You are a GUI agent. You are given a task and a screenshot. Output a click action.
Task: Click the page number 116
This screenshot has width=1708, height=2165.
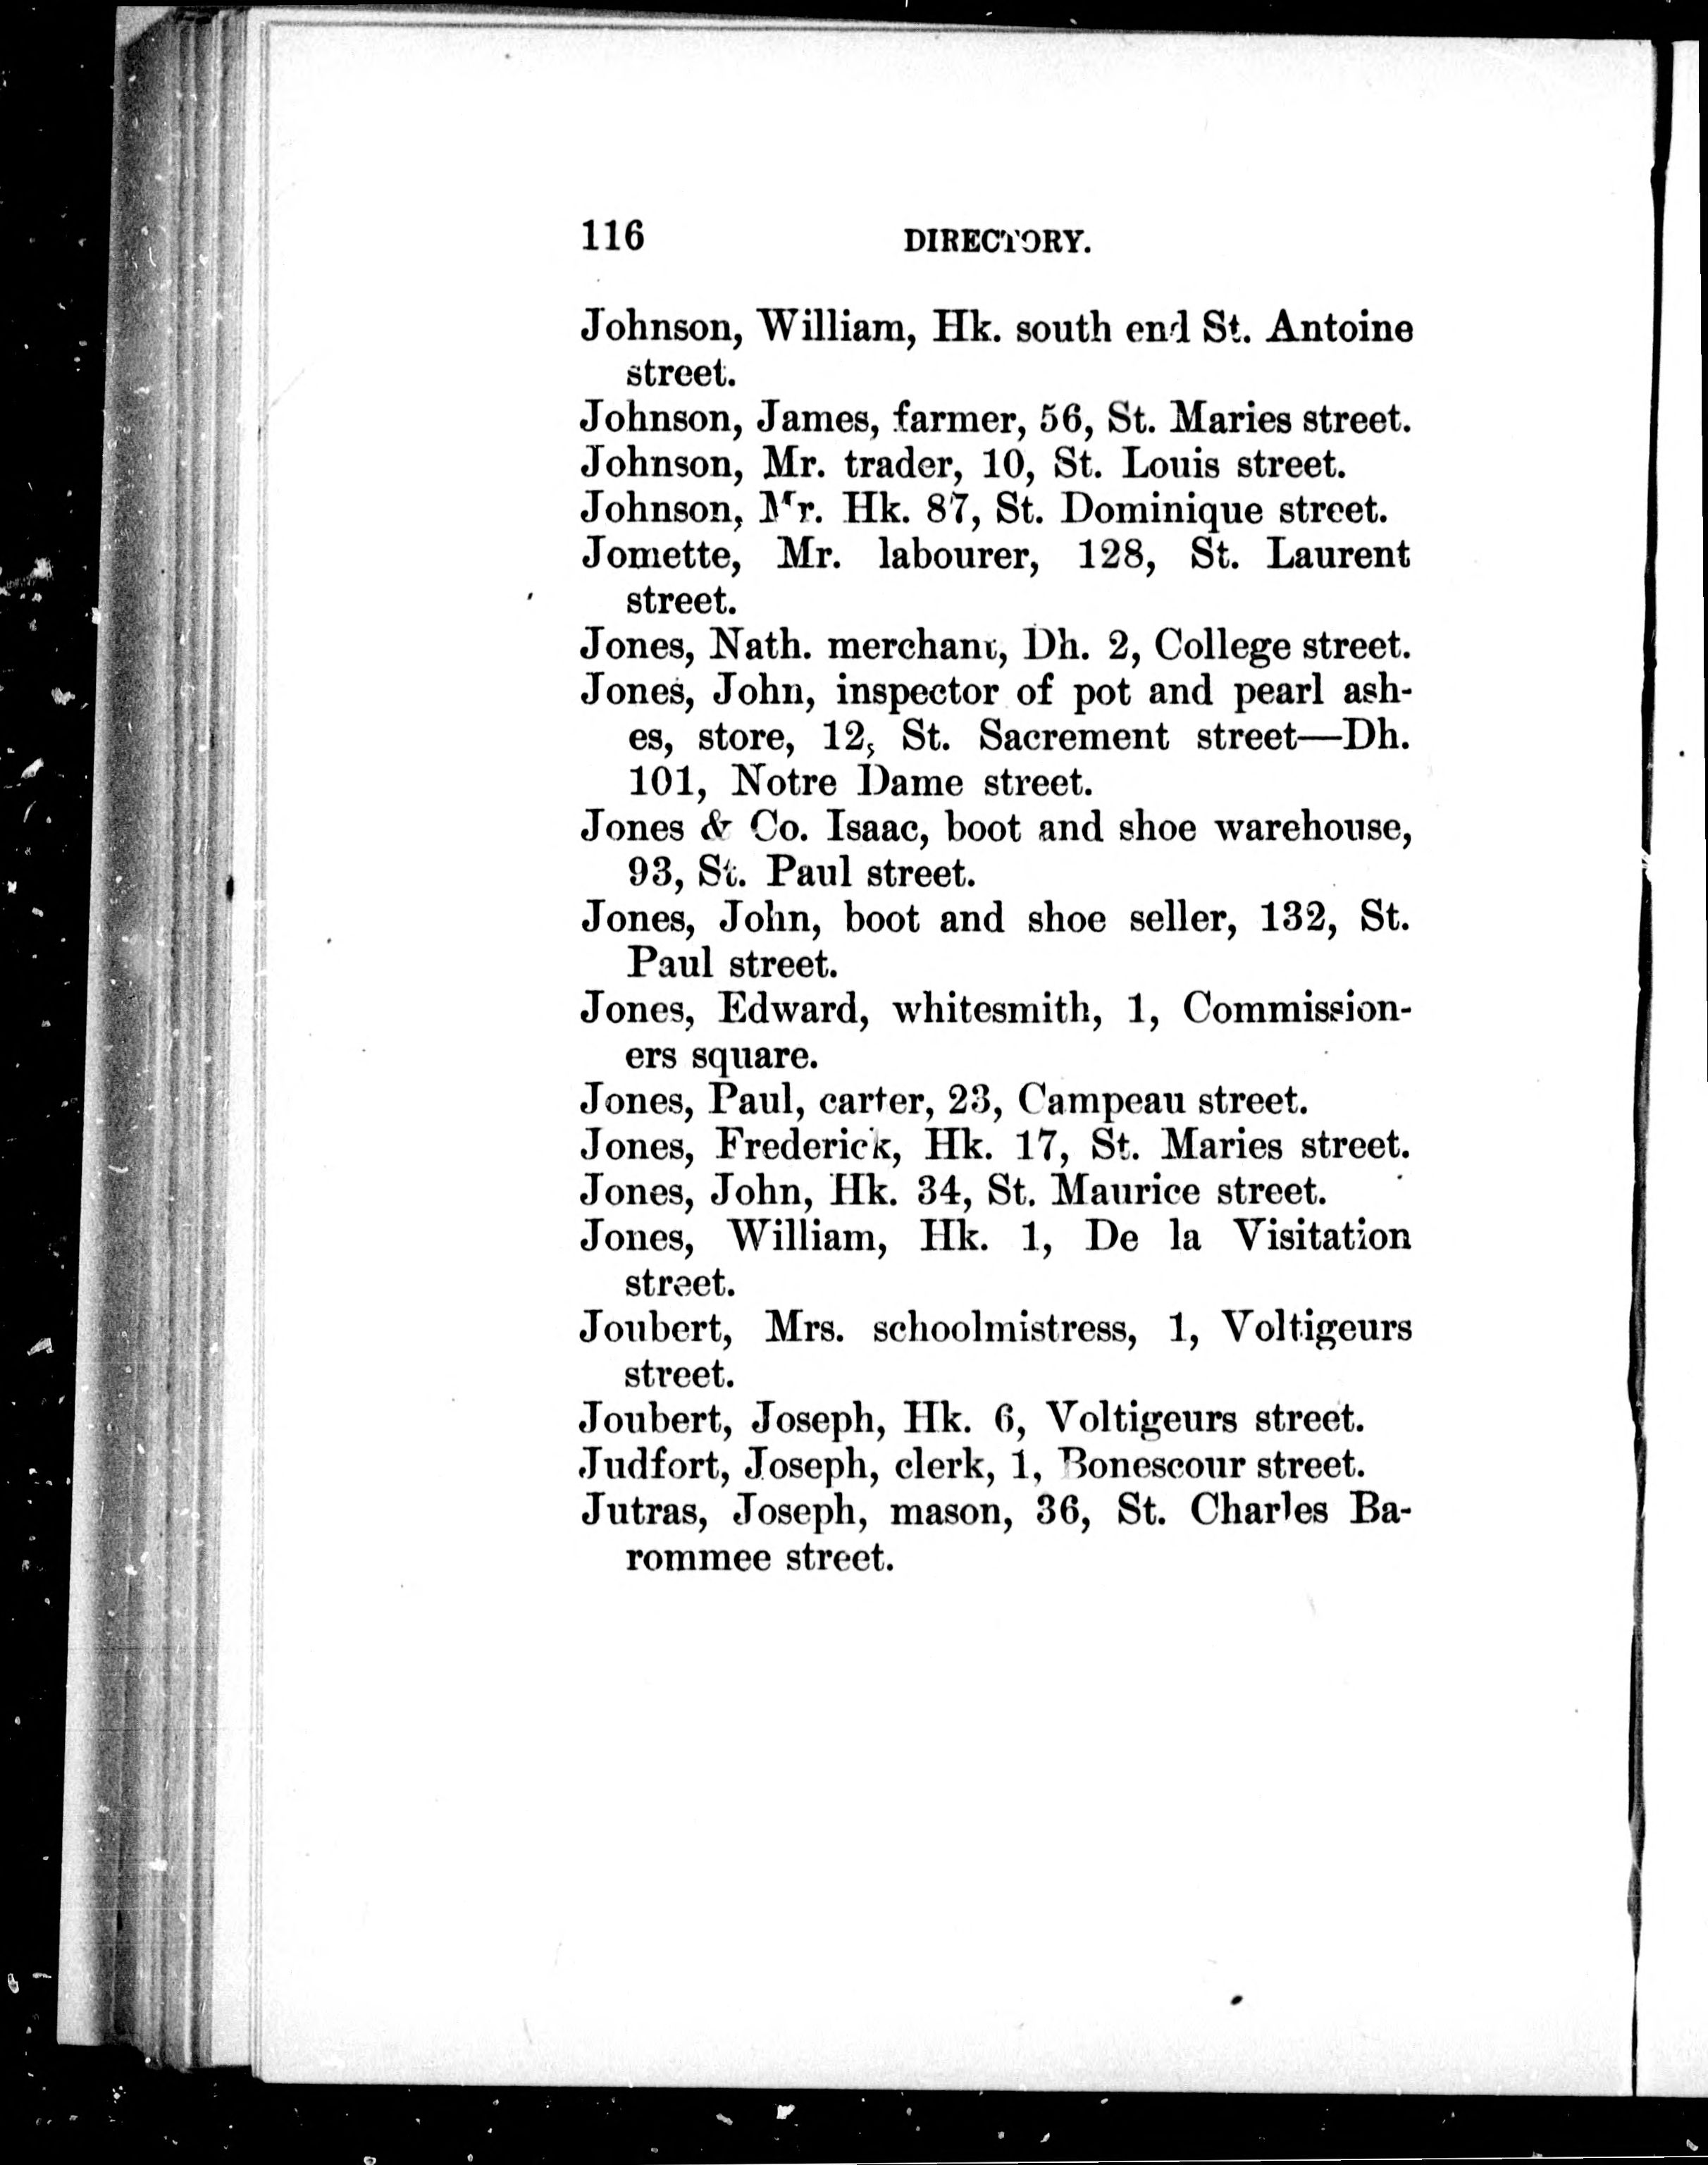(x=612, y=236)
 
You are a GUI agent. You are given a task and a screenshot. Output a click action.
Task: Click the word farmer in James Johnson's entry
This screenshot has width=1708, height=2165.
(x=955, y=420)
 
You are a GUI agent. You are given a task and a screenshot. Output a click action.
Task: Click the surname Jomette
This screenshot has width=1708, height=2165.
(x=661, y=555)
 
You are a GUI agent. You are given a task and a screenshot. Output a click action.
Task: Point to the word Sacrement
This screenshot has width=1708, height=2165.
(x=1073, y=737)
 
